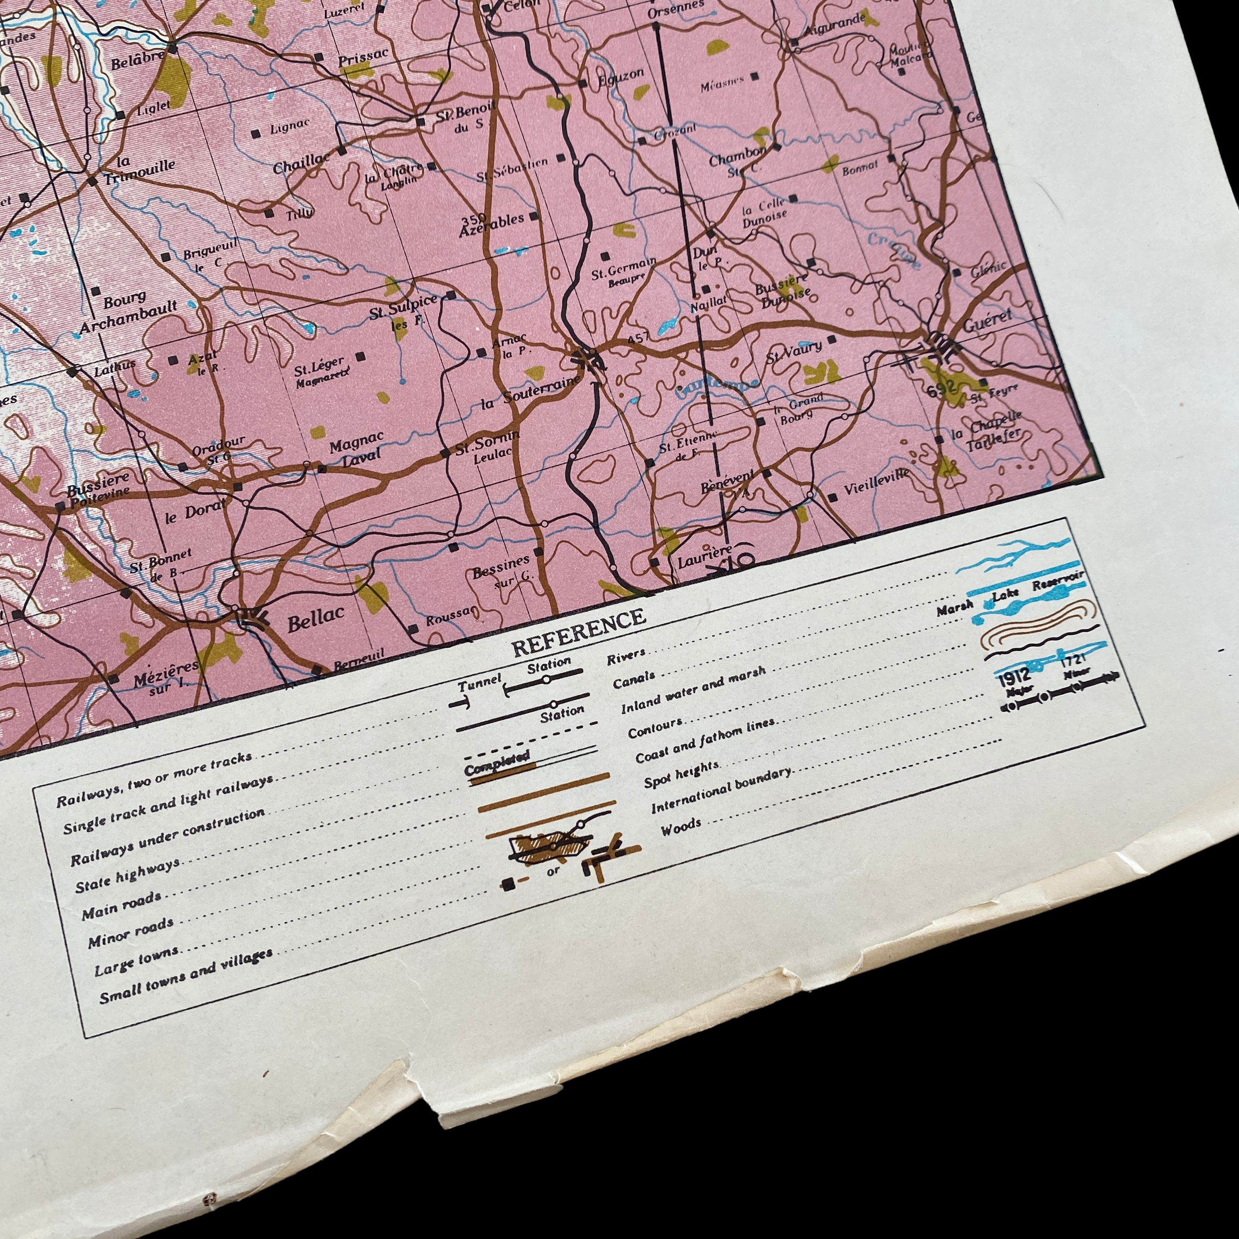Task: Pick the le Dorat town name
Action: point(196,511)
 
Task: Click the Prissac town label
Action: point(363,58)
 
